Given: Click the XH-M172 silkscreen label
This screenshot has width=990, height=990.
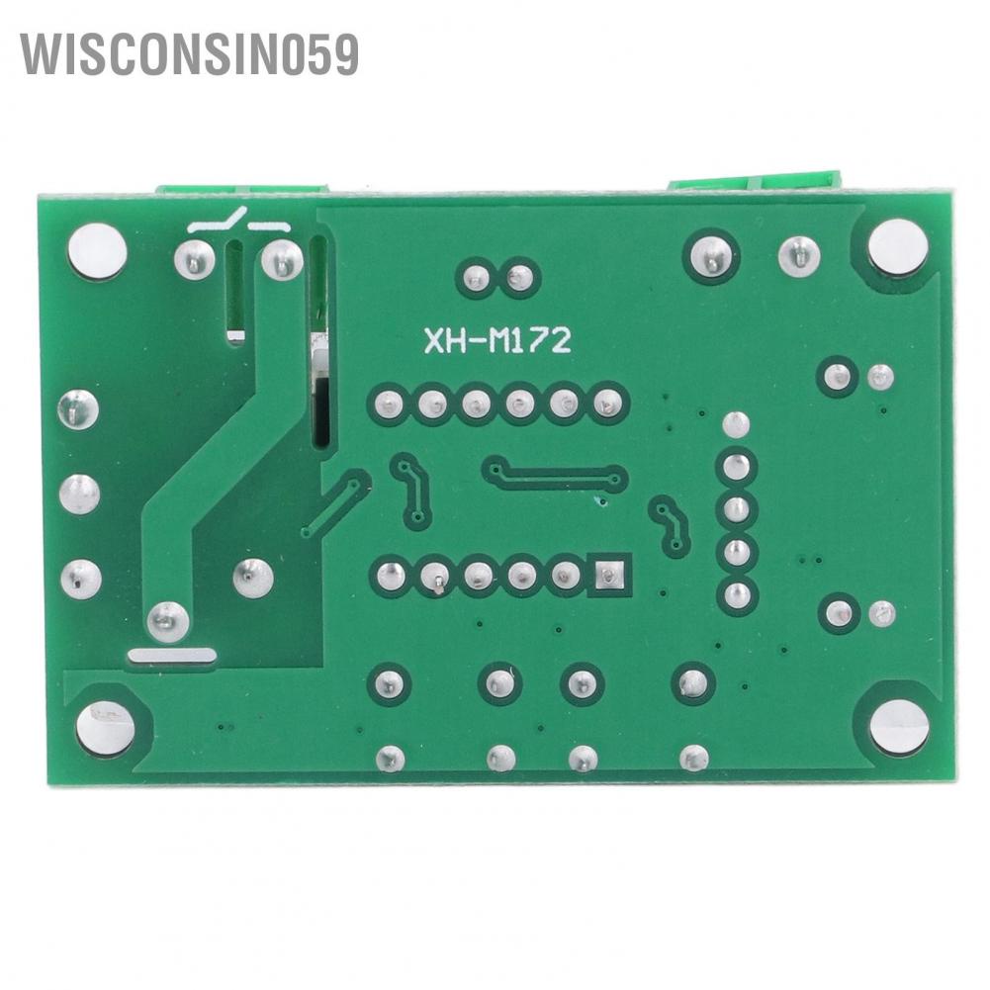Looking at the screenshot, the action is click(497, 341).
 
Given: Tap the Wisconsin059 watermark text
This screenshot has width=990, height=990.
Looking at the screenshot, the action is click(190, 54).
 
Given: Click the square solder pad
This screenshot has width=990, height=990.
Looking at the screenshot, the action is click(609, 575).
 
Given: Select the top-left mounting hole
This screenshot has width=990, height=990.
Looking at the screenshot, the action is click(97, 251).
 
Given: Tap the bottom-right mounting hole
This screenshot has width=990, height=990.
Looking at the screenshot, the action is click(899, 727).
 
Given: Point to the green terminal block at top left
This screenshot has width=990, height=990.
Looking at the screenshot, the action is click(242, 189).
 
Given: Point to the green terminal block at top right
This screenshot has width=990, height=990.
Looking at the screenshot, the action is click(756, 183).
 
